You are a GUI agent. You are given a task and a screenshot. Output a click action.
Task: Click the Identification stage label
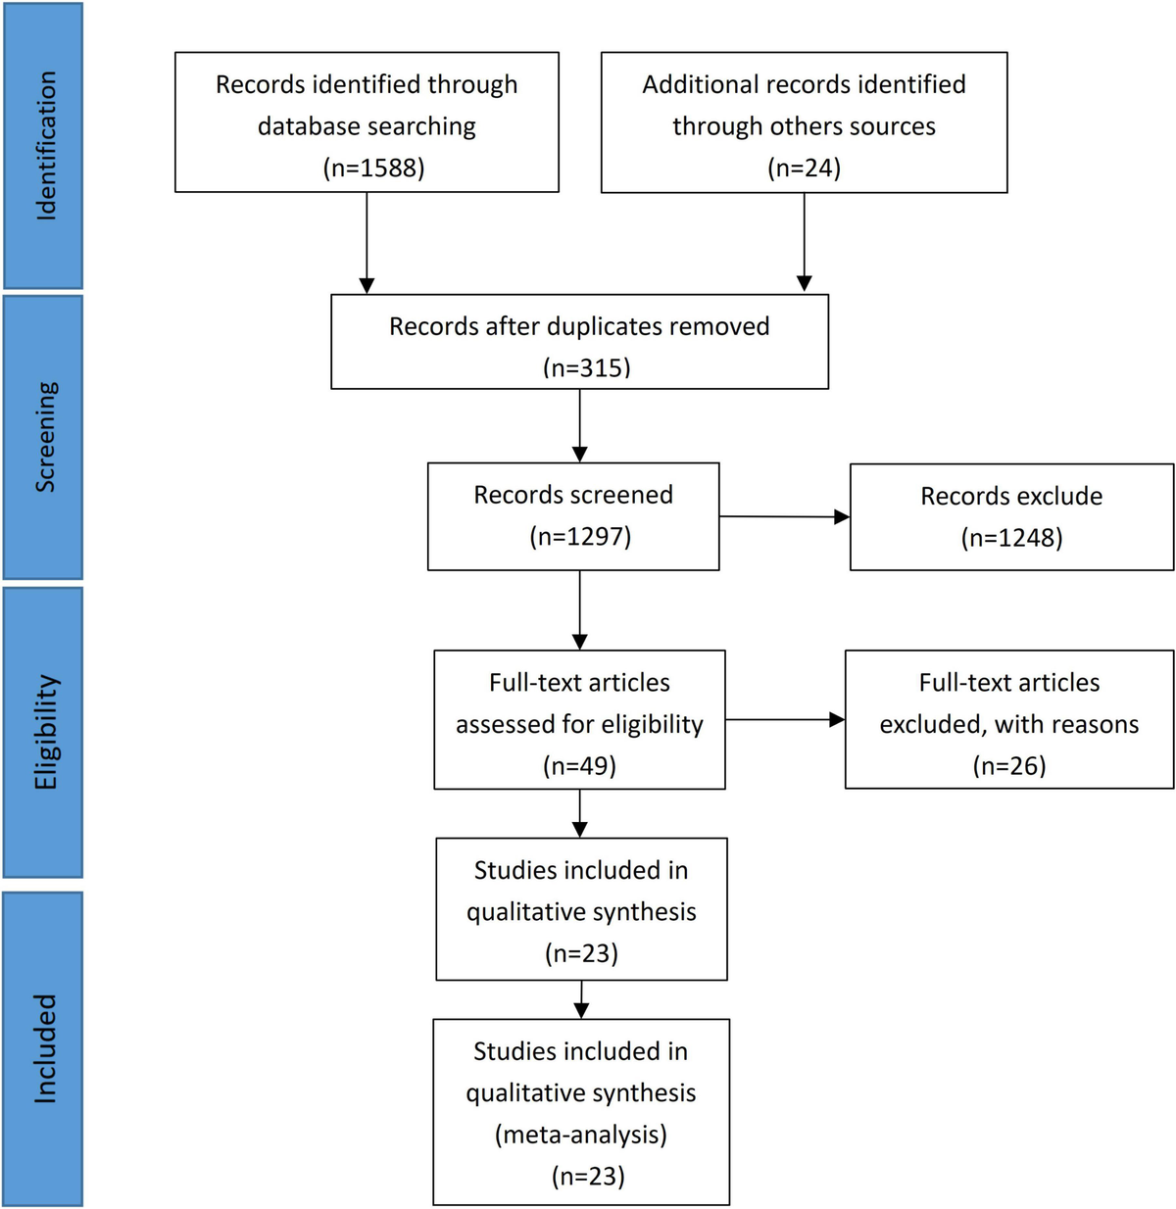tap(45, 146)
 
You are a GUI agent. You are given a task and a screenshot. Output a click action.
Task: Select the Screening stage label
tap(45, 437)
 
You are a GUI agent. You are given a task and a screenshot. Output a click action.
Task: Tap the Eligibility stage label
tap(45, 732)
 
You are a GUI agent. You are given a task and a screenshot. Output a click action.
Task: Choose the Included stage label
tap(45, 1048)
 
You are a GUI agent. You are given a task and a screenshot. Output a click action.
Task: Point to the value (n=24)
tap(804, 168)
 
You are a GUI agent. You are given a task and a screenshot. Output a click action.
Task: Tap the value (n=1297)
tap(580, 536)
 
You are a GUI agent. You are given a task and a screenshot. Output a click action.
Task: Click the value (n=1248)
tap(1011, 537)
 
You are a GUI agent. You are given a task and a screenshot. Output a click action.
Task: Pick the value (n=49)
tap(579, 765)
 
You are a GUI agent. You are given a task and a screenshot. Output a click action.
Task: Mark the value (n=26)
tap(1009, 765)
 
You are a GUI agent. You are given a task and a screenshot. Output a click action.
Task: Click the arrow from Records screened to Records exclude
tap(784, 516)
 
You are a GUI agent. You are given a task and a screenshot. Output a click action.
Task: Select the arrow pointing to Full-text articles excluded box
tap(784, 720)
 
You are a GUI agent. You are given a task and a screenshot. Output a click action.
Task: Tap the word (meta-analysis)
tap(580, 1135)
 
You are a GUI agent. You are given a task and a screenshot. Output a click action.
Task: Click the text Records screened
tap(573, 495)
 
